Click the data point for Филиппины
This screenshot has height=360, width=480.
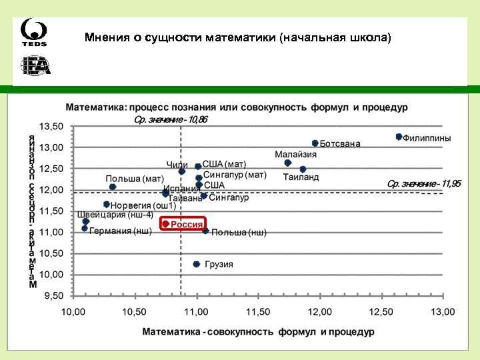click(x=399, y=137)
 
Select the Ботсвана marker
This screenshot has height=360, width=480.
click(x=315, y=143)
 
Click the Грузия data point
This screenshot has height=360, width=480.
click(x=196, y=264)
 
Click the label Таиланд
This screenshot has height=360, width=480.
click(x=301, y=177)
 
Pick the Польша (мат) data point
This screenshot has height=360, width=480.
click(x=112, y=187)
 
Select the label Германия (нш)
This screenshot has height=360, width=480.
click(x=121, y=231)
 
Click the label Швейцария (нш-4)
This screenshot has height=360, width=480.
click(x=115, y=215)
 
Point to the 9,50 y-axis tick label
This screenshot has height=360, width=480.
click(x=53, y=295)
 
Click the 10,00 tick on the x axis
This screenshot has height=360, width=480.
click(x=74, y=312)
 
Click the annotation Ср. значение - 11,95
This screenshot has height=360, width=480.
click(x=424, y=183)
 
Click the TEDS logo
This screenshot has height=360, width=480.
click(x=33, y=33)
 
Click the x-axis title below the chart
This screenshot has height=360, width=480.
click(x=258, y=331)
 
